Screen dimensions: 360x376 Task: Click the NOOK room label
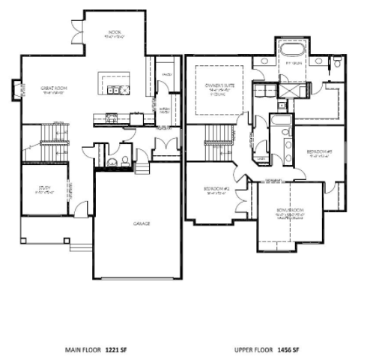115,33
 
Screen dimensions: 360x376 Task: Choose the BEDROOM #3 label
319,151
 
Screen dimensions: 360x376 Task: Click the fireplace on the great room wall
15,91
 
